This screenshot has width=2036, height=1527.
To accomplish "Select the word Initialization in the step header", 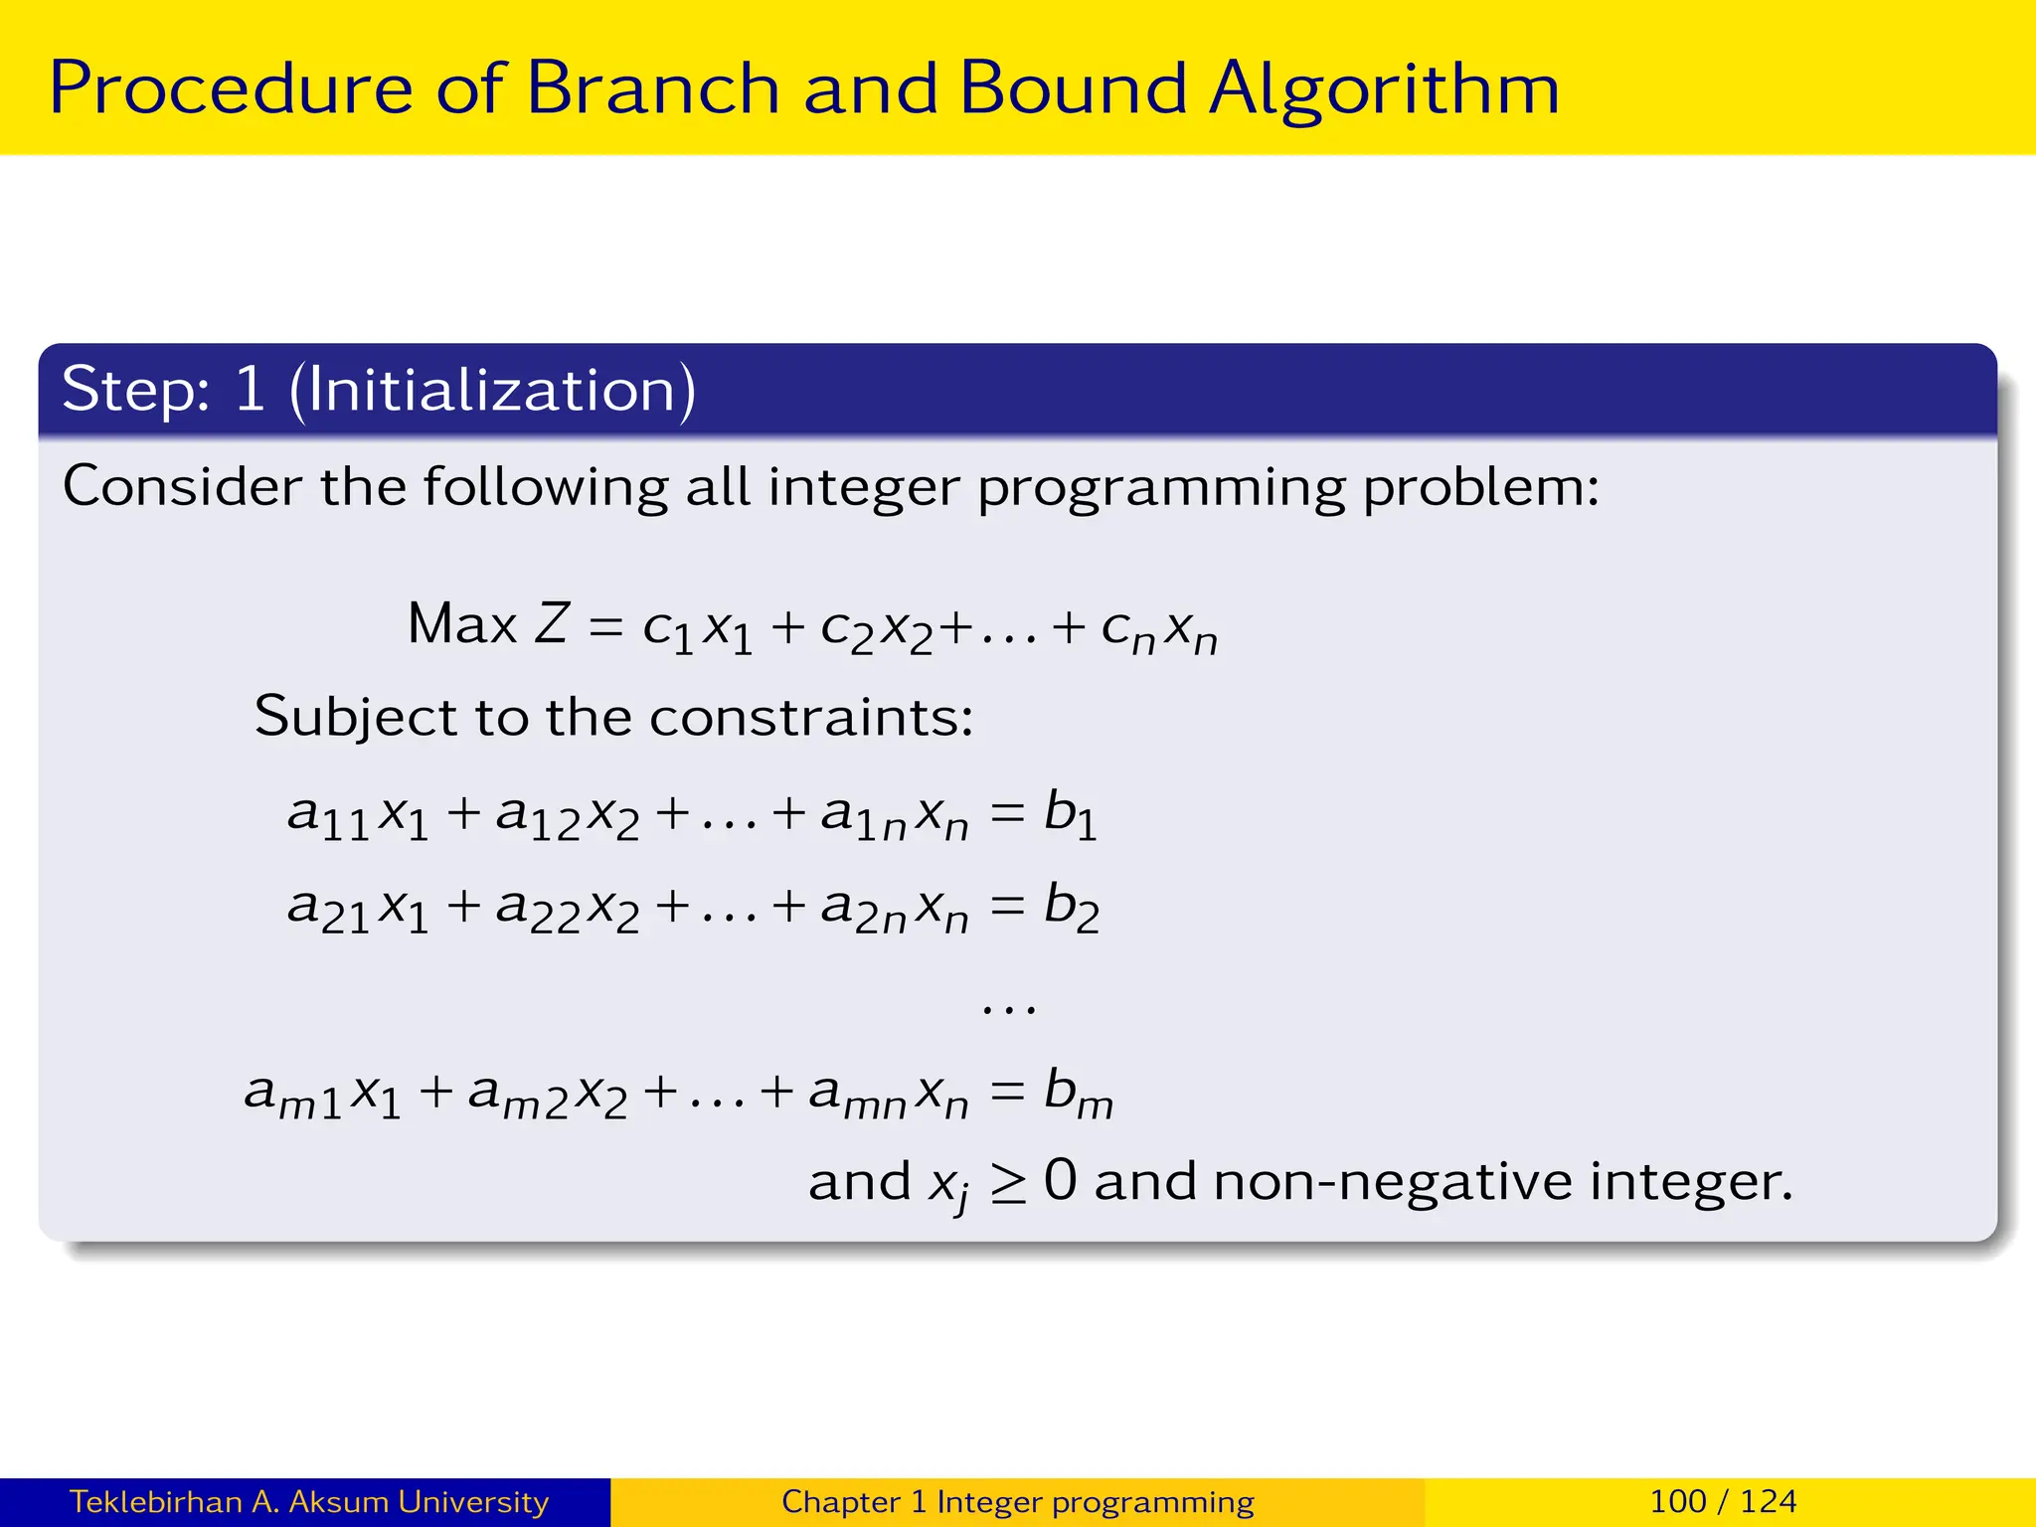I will (493, 390).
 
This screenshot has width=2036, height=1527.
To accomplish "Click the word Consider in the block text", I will (182, 487).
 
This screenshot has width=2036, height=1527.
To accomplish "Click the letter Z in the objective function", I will (552, 624).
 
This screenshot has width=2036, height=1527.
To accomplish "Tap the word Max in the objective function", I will (461, 624).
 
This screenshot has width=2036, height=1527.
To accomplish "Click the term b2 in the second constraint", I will (1071, 908).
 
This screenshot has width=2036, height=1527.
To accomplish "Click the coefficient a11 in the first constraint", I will (328, 817).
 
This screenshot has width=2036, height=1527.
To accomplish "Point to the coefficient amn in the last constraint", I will (857, 1096).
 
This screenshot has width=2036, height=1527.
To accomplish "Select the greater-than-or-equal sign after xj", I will (1008, 1183).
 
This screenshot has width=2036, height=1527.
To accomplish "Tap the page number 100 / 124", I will (1723, 1501).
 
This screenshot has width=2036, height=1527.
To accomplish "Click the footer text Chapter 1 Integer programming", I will (1017, 1502).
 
